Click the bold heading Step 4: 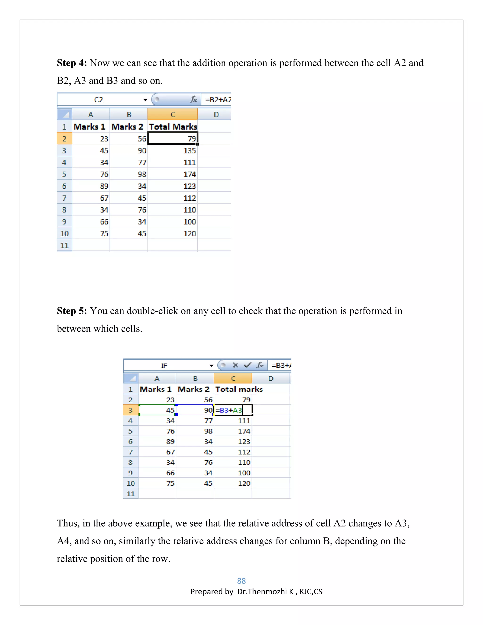pyautogui.click(x=71, y=63)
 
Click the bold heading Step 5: pyautogui.click(x=71, y=311)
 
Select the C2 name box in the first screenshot pyautogui.click(x=99, y=100)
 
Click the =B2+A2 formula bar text pyautogui.click(x=218, y=100)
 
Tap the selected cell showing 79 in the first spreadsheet pyautogui.click(x=173, y=138)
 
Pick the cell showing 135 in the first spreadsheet pyautogui.click(x=173, y=150)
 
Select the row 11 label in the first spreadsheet pyautogui.click(x=64, y=246)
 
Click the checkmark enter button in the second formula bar pyautogui.click(x=247, y=365)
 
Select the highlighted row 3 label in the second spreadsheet pyautogui.click(x=130, y=410)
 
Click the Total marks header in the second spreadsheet pyautogui.click(x=239, y=389)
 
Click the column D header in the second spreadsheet pyautogui.click(x=271, y=378)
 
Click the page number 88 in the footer pyautogui.click(x=241, y=581)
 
